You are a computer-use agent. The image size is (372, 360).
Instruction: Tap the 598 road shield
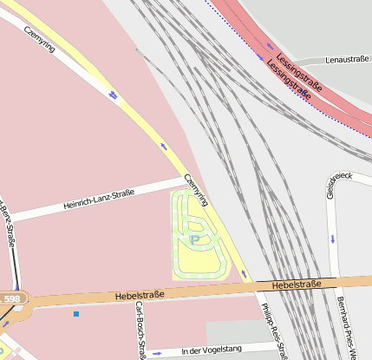coord(11,299)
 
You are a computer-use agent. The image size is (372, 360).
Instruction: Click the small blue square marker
coord(76,313)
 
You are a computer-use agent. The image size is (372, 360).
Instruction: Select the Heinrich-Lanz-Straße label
coord(99,200)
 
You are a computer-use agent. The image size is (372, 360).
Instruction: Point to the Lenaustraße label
coord(345,60)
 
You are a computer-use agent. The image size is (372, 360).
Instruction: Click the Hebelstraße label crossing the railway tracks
coord(296,285)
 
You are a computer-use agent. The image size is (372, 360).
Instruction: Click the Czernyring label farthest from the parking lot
coord(41,38)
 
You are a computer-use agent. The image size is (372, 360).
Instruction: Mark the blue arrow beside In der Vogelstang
coord(157,353)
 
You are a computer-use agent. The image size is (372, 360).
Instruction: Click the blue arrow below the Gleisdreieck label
coord(332,238)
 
